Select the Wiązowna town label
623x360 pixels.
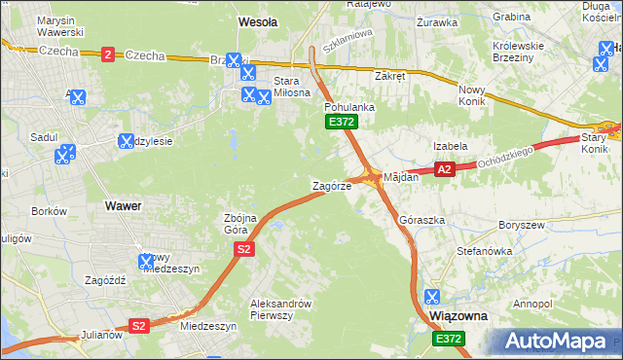(458, 317)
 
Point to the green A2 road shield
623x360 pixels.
(444, 169)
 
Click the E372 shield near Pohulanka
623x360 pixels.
(341, 122)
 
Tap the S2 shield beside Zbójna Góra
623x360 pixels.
(244, 250)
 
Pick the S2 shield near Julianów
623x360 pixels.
(139, 326)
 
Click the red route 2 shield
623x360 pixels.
(106, 54)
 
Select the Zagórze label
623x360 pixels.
(331, 185)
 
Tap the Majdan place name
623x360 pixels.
(401, 178)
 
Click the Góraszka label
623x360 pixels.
(421, 221)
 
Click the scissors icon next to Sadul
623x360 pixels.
(65, 153)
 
